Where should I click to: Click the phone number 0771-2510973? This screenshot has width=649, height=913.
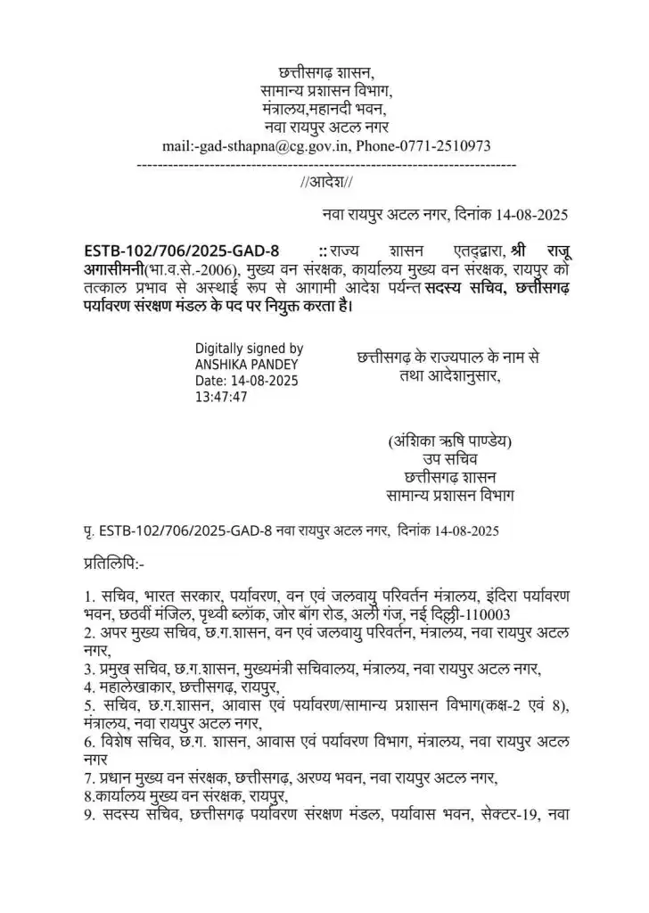pyautogui.click(x=443, y=145)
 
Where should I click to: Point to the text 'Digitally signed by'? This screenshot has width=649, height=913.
pyautogui.click(x=249, y=349)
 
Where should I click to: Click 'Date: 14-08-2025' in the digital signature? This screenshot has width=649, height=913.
pyautogui.click(x=246, y=381)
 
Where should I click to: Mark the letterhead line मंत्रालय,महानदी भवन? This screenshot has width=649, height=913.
pyautogui.click(x=326, y=109)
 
